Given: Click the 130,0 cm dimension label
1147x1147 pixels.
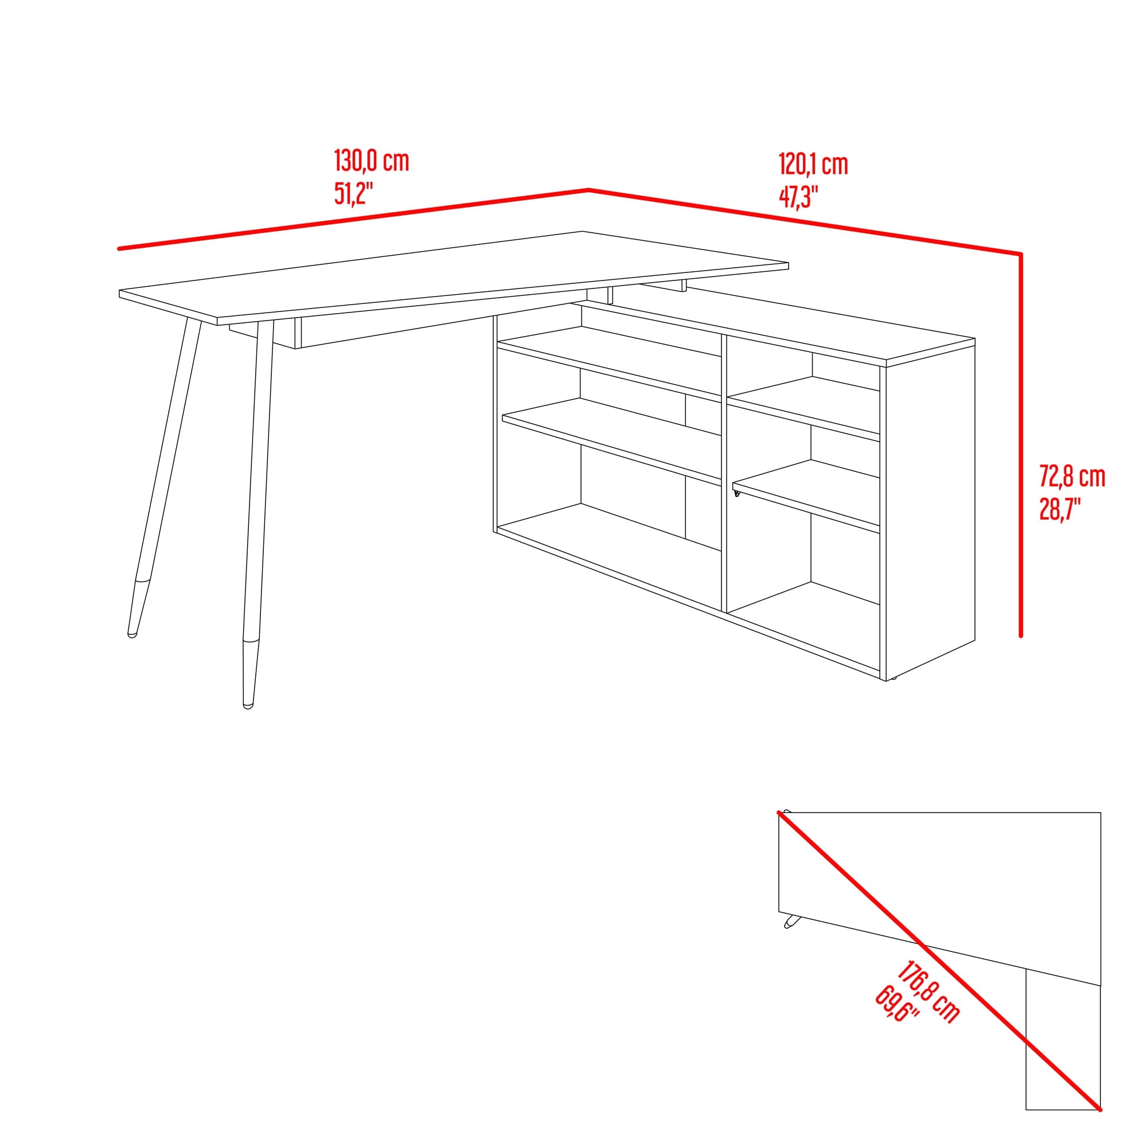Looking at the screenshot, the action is click(372, 162).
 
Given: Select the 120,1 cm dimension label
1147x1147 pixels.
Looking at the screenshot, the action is click(813, 165).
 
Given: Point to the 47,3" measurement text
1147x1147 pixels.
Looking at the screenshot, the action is click(798, 197).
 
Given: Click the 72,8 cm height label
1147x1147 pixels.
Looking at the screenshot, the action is click(1072, 477).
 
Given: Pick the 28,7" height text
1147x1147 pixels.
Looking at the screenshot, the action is click(1060, 509).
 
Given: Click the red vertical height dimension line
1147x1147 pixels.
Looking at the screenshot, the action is click(1021, 445).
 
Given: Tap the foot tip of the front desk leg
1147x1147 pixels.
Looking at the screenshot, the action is click(248, 707).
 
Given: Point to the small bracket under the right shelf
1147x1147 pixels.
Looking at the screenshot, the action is click(737, 493).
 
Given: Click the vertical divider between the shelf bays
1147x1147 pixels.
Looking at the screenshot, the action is click(724, 473).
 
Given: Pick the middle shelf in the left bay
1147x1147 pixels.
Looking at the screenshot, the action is click(611, 439).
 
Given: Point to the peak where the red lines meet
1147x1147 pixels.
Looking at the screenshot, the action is click(588, 190).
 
